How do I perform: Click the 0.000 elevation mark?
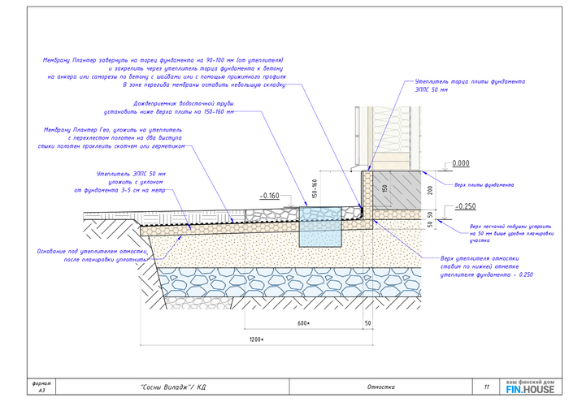click(461, 163)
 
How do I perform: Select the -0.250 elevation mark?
click(467, 206)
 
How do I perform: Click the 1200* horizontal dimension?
click(258, 337)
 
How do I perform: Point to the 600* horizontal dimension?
click(304, 323)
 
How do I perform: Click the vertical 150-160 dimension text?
click(314, 189)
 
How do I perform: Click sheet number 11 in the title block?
click(486, 387)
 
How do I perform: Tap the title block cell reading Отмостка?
click(380, 387)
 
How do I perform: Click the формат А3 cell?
click(41, 387)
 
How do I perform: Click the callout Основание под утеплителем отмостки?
click(91, 255)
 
